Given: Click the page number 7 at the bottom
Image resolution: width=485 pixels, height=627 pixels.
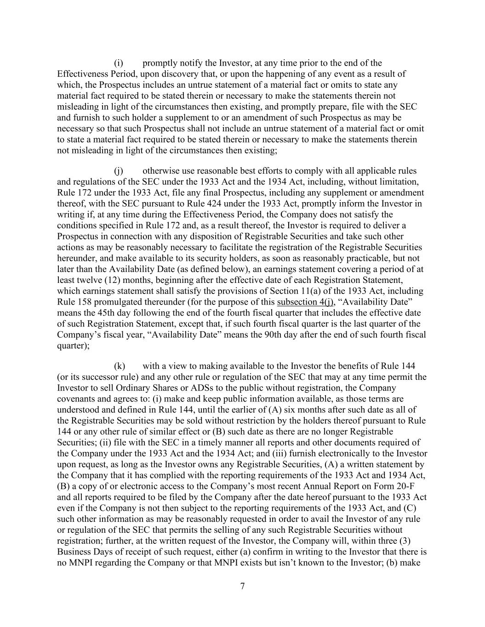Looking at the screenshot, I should point(242,586).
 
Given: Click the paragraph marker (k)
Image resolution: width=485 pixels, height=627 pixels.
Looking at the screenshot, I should point(120,366).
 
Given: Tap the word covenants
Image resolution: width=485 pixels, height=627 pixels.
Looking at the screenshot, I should point(75,399).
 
